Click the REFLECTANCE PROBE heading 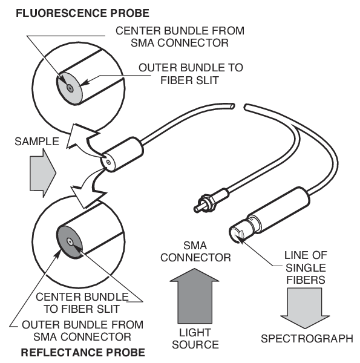(x=83, y=352)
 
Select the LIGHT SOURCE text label (x=195, y=339)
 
